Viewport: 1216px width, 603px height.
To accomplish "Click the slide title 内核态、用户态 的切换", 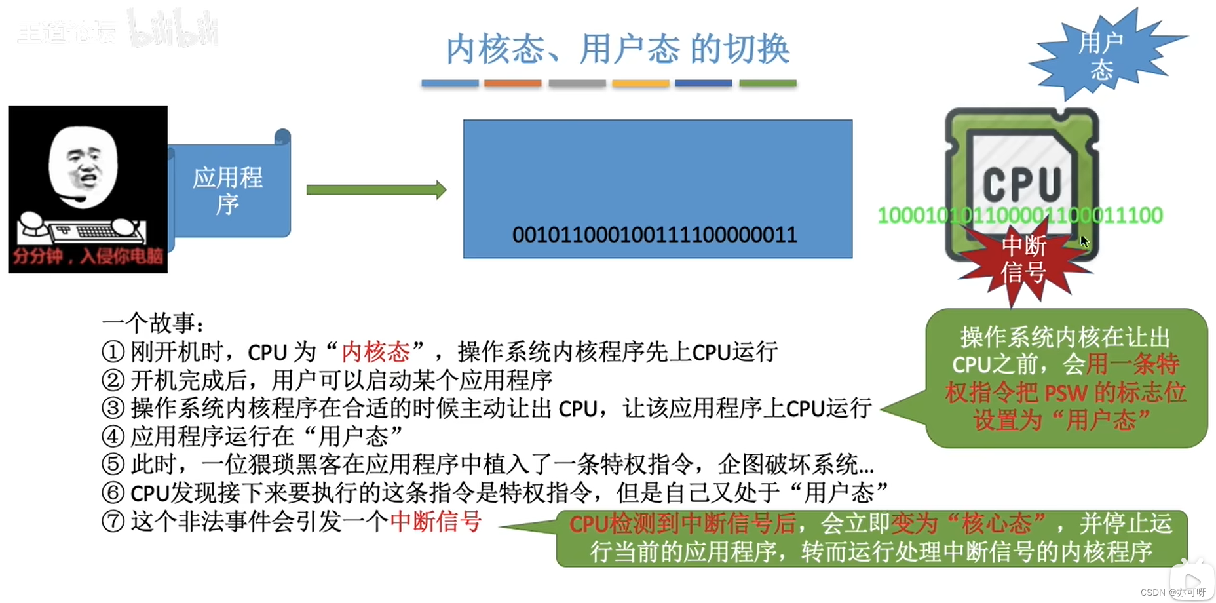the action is tap(618, 49).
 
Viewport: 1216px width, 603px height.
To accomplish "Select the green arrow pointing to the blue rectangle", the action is tap(376, 190).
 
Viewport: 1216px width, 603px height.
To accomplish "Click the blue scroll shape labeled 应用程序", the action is tap(228, 190).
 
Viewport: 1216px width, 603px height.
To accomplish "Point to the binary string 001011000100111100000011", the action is tap(654, 235).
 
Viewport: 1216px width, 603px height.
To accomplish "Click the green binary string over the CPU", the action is tap(1019, 216).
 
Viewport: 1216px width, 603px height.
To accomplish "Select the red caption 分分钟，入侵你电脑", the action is tap(88, 256).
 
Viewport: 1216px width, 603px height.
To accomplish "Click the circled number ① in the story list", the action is tap(113, 353).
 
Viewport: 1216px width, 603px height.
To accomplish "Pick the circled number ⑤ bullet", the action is tap(113, 465).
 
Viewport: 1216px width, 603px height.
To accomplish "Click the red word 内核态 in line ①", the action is tap(375, 353).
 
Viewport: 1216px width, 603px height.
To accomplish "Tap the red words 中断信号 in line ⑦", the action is tap(436, 522).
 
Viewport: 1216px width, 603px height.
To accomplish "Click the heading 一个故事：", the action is tap(153, 324).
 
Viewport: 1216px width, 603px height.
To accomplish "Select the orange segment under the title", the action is tap(512, 83).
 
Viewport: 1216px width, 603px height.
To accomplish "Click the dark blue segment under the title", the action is tap(703, 83).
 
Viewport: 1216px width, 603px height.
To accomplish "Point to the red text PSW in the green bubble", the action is tap(1066, 393).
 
